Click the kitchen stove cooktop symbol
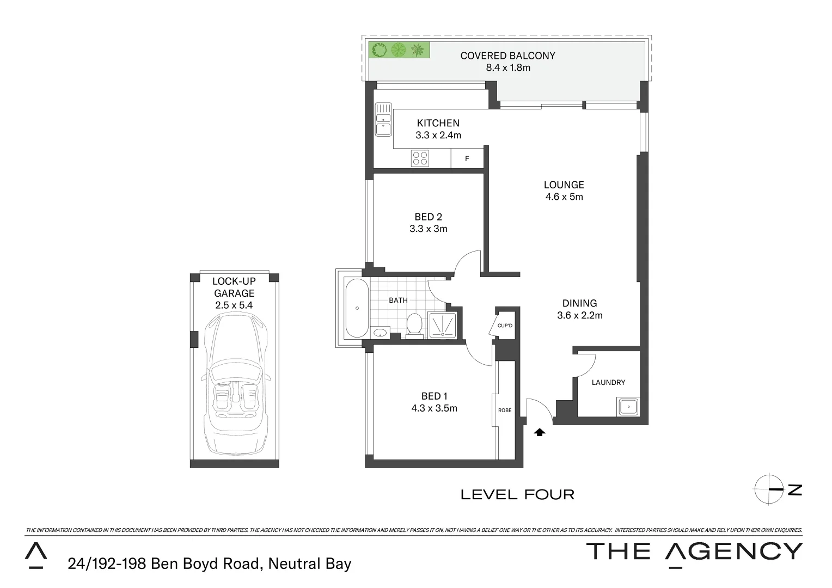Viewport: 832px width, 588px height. pos(420,158)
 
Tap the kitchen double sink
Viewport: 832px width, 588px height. pos(383,119)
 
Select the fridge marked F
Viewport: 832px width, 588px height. pos(467,159)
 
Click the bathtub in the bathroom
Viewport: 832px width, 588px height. pos(357,308)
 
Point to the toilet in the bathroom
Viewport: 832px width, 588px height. pos(415,326)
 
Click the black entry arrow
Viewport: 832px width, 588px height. pos(540,432)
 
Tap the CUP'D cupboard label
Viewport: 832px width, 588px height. pos(505,326)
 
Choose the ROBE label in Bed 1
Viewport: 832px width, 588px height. pos(505,410)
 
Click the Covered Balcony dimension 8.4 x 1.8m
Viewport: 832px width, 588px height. pos(507,68)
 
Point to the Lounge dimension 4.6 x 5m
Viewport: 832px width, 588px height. pos(564,197)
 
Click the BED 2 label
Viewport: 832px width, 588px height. pos(428,217)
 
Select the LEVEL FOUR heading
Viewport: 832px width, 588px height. pos(517,494)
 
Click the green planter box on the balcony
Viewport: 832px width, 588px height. pos(399,50)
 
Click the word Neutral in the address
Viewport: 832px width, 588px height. pos(293,564)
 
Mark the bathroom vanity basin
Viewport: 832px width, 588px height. pos(380,332)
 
